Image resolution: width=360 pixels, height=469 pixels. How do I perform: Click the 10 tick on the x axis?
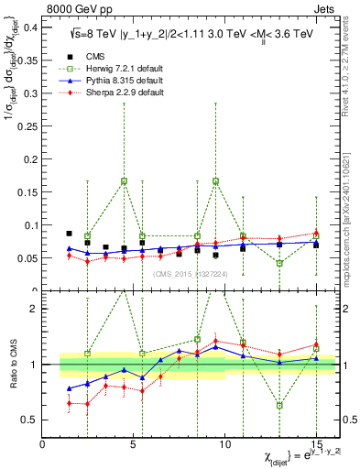(x=224, y=444)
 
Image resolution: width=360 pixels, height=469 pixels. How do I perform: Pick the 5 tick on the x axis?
(x=133, y=444)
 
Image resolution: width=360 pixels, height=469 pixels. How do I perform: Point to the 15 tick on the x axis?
(x=315, y=444)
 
